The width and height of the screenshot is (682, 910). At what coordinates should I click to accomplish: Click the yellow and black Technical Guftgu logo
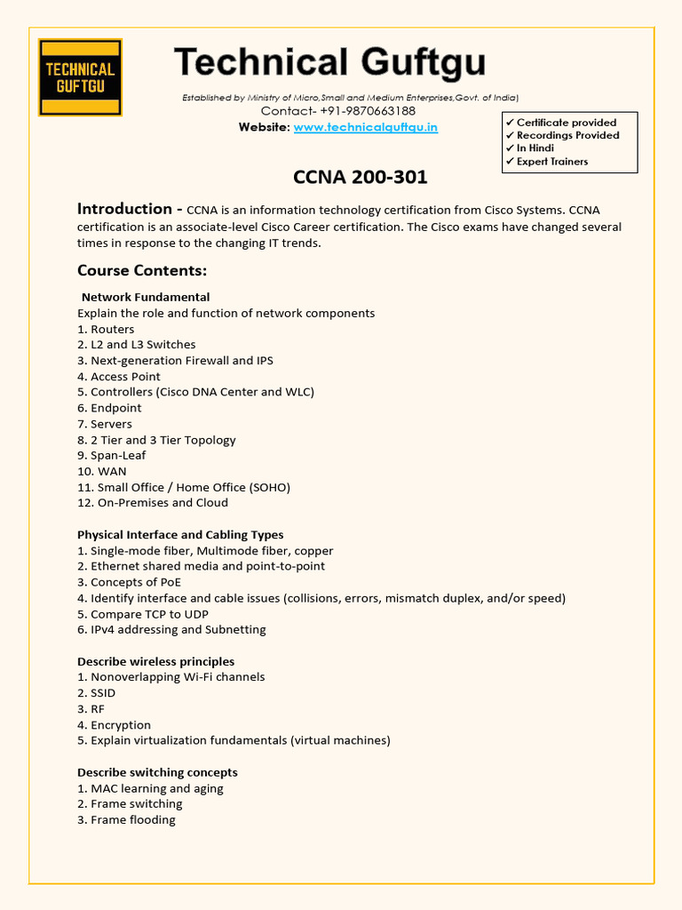tap(80, 77)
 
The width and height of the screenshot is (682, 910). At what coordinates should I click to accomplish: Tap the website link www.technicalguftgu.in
tap(365, 127)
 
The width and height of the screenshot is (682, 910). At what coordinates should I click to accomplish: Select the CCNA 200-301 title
tap(360, 177)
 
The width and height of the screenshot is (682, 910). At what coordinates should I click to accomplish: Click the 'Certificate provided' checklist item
tap(566, 123)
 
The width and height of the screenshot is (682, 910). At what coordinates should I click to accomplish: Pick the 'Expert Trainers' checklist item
tap(551, 162)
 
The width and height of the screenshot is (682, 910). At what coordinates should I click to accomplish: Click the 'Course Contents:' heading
tap(141, 270)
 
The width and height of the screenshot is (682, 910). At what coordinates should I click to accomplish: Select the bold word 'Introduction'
tap(124, 209)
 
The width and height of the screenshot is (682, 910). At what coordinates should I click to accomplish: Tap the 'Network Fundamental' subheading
tap(146, 297)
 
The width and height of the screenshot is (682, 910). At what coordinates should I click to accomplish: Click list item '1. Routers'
tap(106, 329)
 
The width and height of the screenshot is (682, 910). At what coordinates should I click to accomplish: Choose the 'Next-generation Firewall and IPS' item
tap(175, 361)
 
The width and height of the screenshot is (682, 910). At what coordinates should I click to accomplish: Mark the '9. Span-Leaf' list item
tap(111, 455)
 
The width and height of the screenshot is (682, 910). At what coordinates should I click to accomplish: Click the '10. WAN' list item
tap(101, 471)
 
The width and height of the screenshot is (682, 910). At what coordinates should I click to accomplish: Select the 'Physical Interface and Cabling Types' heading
tap(180, 535)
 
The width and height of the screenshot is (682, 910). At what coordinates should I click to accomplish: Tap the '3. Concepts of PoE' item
tap(129, 582)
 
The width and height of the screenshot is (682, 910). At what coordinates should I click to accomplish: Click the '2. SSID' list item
tap(96, 692)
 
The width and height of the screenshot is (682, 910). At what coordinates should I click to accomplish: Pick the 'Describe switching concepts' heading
tap(157, 772)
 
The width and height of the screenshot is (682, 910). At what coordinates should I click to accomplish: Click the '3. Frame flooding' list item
tap(126, 819)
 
